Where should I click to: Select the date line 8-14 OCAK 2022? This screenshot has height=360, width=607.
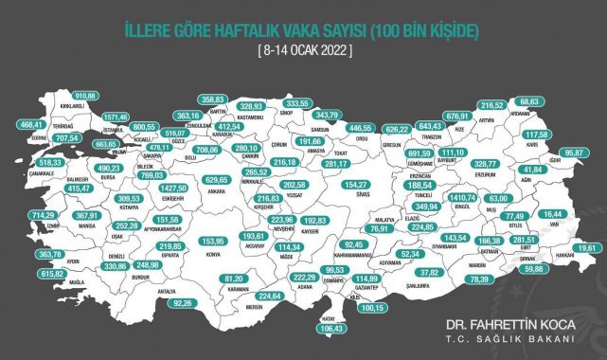[303, 50]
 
